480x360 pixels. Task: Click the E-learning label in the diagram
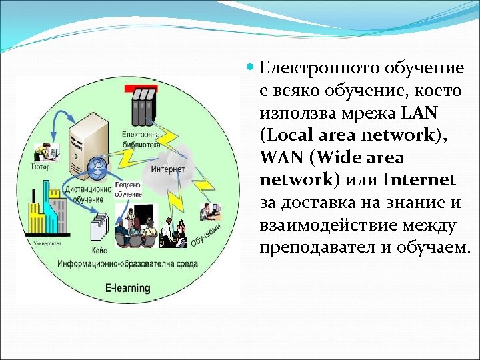[128, 289]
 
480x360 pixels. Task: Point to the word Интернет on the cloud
[167, 169]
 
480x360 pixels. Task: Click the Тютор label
[40, 167]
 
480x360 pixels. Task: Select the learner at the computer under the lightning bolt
[210, 211]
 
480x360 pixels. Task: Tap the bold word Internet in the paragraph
[419, 180]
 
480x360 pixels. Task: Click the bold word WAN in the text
[282, 158]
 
